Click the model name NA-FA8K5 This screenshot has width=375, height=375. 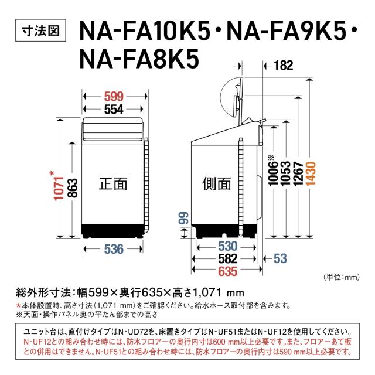[140, 58]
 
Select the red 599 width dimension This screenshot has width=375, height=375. [114, 97]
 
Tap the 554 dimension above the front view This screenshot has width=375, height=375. [114, 110]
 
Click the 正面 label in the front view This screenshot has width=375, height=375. [112, 185]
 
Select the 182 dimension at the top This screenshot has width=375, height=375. [282, 66]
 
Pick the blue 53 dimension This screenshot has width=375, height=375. [279, 258]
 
